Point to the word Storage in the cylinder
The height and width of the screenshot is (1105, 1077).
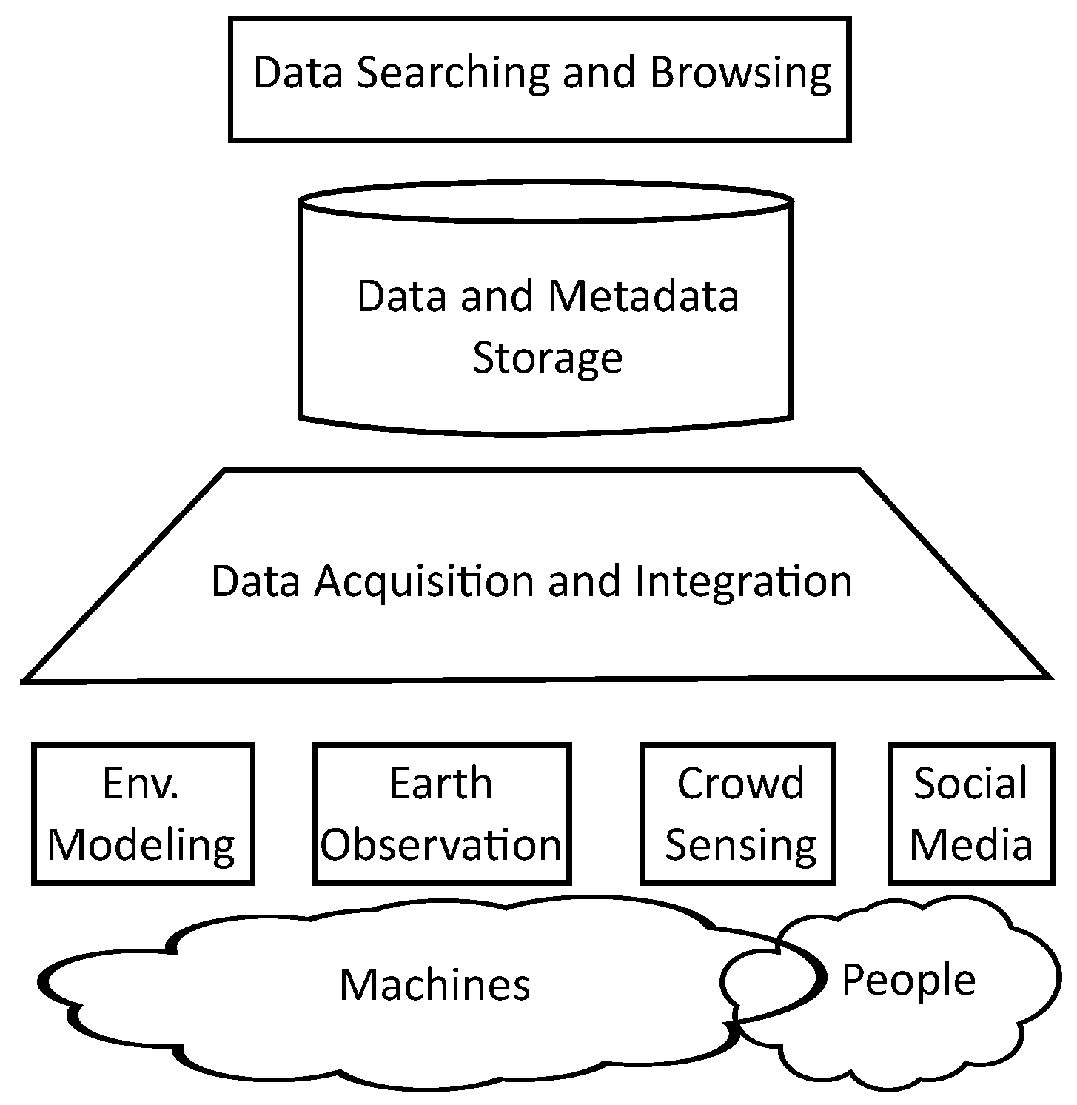coord(547,358)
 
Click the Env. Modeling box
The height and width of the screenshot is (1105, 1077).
coord(143,814)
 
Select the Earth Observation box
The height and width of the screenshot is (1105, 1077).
coord(442,814)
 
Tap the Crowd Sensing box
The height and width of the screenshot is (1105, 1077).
coord(738,814)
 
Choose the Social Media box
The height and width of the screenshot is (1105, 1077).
coord(970,814)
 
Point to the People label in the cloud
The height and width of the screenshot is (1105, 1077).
coord(908,980)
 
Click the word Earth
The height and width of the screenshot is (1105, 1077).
coord(441,784)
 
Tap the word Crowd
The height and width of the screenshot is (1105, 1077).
coord(739,784)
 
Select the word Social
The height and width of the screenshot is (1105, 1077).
coord(970,784)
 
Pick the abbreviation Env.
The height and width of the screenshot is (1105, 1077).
coord(141,784)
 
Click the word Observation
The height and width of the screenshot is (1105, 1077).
coord(441,845)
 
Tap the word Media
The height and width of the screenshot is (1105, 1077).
coord(970,844)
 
